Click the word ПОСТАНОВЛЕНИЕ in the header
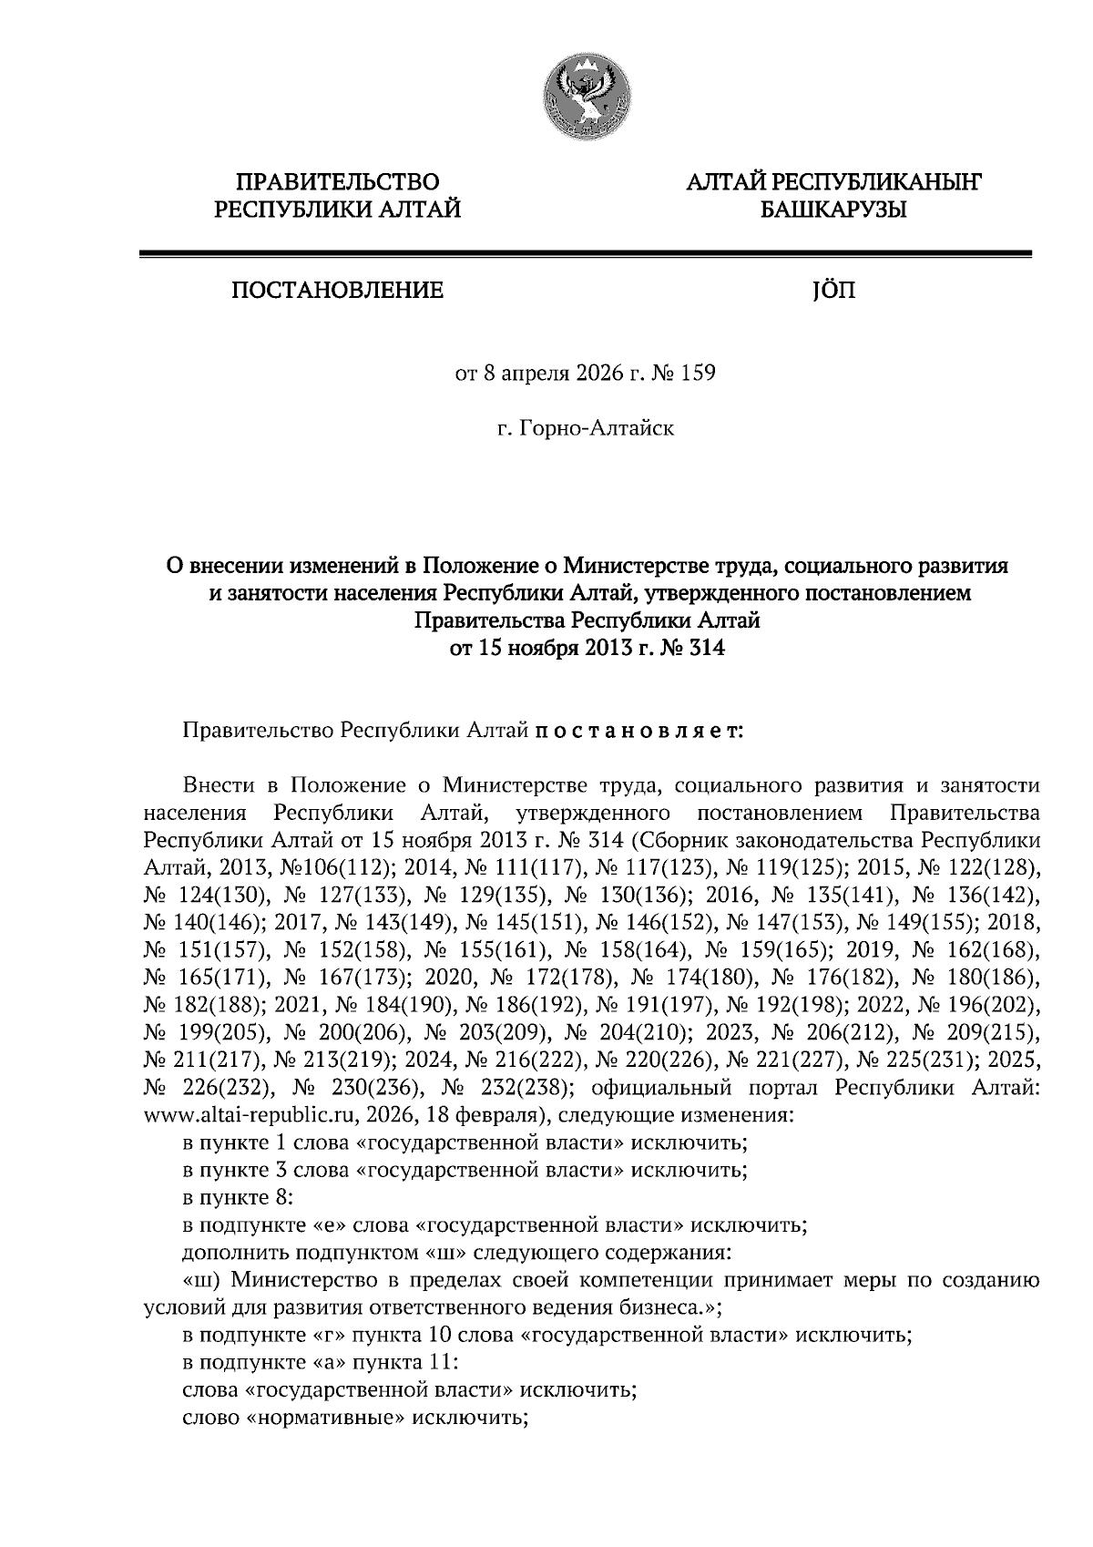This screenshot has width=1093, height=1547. pyautogui.click(x=337, y=292)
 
